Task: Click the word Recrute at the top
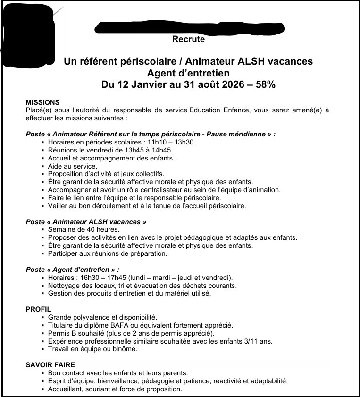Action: coord(188,39)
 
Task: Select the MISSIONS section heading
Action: coord(42,102)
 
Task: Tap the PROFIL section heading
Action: coord(38,309)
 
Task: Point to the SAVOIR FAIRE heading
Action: coord(50,365)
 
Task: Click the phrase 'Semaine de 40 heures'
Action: coord(76,229)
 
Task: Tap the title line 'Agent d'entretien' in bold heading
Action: coord(188,73)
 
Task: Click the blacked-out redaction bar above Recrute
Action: coord(189,28)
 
